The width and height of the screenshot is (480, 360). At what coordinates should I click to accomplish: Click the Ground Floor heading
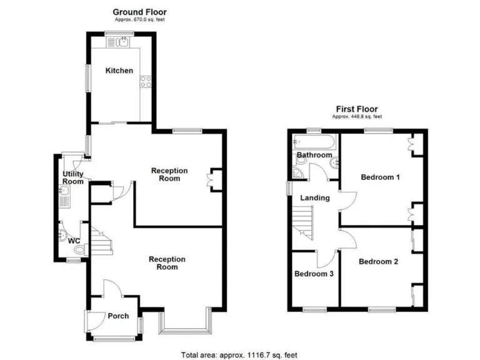coord(139,12)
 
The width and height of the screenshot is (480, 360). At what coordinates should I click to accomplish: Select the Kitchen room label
coord(119,71)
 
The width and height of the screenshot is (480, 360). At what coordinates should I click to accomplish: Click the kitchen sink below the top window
coord(119,42)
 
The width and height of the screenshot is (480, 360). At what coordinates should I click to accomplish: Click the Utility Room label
coord(72,177)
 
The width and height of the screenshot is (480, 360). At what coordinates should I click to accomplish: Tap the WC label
coord(74,241)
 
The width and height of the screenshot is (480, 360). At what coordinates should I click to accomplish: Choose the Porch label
coord(118,316)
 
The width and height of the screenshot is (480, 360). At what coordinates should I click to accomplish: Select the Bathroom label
coord(314,155)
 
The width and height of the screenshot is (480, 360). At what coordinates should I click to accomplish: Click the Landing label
coord(315,198)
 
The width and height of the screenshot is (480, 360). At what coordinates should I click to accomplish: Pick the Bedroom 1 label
coord(380,177)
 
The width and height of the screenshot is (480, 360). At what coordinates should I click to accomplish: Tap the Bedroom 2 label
coord(378,262)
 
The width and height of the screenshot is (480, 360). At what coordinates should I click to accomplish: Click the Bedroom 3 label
coord(314,274)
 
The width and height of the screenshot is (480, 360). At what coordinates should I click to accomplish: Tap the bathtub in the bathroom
coord(314,142)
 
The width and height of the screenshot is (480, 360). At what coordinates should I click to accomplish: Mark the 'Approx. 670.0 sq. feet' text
coord(139,20)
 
